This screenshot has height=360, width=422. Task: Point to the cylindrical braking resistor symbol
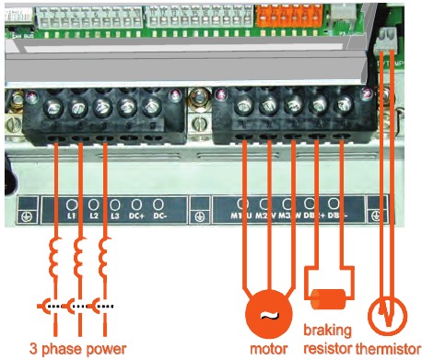329,301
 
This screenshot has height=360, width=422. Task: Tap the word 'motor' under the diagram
268,349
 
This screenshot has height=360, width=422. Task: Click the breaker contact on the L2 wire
81,305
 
